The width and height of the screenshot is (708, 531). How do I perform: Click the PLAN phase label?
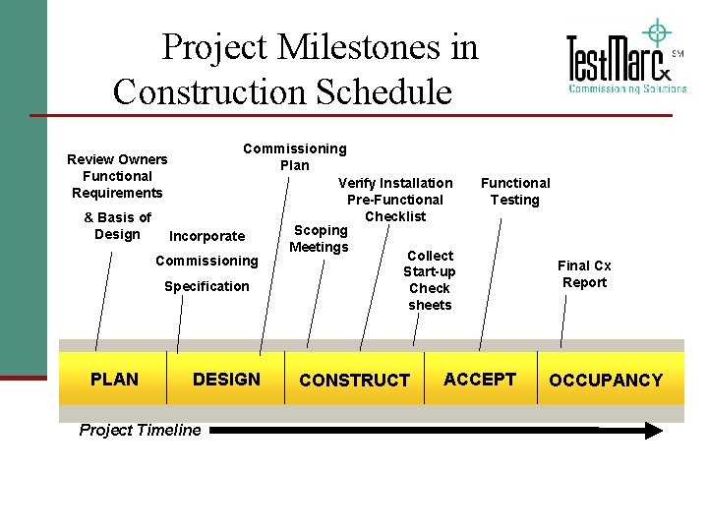tap(114, 379)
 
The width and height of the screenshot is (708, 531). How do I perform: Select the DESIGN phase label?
tap(226, 379)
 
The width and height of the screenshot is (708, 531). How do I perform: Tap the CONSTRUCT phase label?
tap(354, 380)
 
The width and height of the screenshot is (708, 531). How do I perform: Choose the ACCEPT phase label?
tap(480, 379)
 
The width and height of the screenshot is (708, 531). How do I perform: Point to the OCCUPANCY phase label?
tap(606, 380)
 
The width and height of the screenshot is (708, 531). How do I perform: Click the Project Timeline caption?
tap(140, 429)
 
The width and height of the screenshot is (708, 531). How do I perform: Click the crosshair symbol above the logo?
tap(656, 31)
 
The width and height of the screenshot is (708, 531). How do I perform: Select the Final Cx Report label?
tap(584, 273)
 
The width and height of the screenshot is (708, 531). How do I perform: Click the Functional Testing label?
tap(515, 191)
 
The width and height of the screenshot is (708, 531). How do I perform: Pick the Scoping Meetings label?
tap(319, 239)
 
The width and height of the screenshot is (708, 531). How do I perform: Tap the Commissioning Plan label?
tap(295, 156)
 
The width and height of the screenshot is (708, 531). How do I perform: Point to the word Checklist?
tap(395, 216)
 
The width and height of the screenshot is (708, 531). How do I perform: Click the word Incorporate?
tap(207, 236)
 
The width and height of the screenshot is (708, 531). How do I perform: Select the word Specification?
tap(206, 286)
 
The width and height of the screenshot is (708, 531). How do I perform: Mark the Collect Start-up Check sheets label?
tap(430, 280)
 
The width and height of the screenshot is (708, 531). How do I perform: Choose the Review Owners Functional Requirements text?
tap(117, 176)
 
